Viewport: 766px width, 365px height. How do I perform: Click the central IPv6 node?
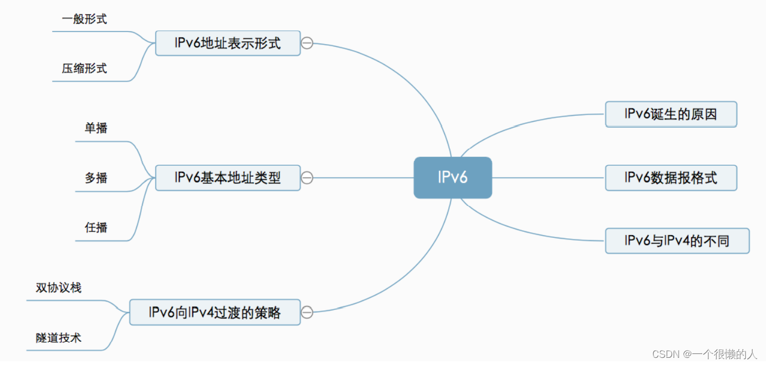pos(453,178)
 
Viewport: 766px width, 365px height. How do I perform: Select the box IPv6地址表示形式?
pos(228,43)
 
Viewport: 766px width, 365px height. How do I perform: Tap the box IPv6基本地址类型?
pos(228,178)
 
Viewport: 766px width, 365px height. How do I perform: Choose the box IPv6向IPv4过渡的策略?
pos(214,312)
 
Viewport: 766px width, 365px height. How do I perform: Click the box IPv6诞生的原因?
pos(670,115)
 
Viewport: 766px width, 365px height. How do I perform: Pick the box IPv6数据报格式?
pos(670,178)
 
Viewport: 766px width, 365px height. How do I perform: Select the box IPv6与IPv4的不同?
pos(677,241)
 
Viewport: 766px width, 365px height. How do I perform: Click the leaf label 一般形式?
pos(84,19)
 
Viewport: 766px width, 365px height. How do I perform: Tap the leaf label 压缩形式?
pos(84,69)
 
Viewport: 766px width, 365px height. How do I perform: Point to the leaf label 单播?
pos(96,128)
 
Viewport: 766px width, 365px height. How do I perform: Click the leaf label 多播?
pos(96,178)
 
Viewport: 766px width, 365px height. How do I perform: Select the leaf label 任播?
pos(96,227)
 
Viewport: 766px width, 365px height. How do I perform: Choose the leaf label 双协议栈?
pos(59,288)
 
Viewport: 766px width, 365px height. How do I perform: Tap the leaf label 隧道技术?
pos(59,337)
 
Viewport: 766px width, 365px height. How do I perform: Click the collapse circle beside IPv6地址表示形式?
pos(307,43)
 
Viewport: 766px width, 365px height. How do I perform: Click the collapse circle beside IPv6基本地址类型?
pos(307,178)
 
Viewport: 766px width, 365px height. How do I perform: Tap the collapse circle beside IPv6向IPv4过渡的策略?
pos(307,312)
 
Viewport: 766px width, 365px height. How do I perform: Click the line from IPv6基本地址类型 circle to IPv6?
pos(363,178)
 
